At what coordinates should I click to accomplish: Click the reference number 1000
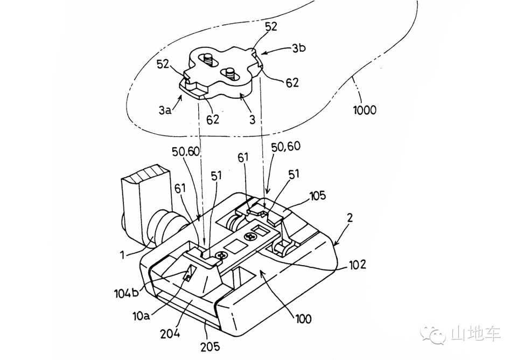[365, 109]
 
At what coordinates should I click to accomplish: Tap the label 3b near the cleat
[299, 48]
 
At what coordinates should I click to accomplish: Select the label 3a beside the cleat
[165, 110]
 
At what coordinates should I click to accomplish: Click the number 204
[170, 334]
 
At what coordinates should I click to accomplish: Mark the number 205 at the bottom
[210, 347]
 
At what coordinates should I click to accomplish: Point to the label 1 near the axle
[123, 254]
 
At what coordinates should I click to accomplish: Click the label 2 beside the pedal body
[350, 218]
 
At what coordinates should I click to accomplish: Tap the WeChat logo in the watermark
[435, 334]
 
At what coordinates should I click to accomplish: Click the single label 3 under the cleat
[253, 119]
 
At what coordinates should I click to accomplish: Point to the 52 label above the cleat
[271, 26]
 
